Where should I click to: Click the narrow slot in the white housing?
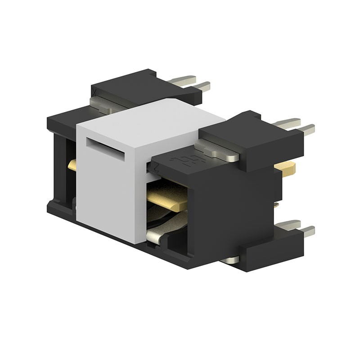[x=105, y=149]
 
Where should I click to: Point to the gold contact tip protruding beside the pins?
[x=285, y=169]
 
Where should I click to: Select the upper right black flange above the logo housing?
[x=252, y=135]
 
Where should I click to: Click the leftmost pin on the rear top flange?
[x=182, y=81]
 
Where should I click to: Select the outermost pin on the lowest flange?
[x=307, y=231]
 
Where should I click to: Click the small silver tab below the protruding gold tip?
[x=275, y=205]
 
